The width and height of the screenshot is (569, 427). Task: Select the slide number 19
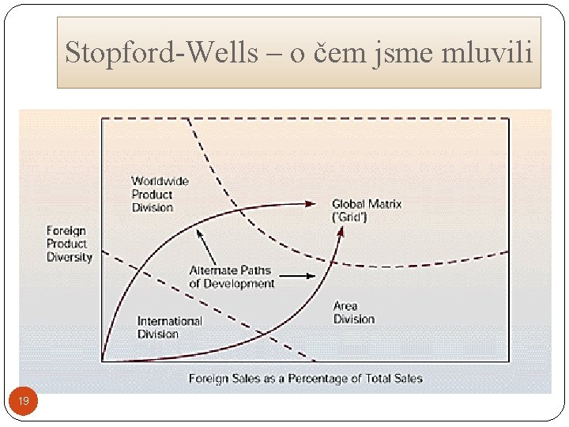24,402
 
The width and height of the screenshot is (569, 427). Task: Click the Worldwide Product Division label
160,194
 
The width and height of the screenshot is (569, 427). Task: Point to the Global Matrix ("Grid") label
367,210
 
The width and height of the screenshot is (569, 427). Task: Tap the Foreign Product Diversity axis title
70,244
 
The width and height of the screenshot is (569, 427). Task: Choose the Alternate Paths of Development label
232,277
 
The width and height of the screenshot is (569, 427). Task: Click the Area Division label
353,312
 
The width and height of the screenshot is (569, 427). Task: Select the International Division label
169,327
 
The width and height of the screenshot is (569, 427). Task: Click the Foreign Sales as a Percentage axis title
305,379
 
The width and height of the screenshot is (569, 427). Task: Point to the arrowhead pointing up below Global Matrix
341,232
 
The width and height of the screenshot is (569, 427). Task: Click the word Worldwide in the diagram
160,181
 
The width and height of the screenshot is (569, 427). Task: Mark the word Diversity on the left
70,257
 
